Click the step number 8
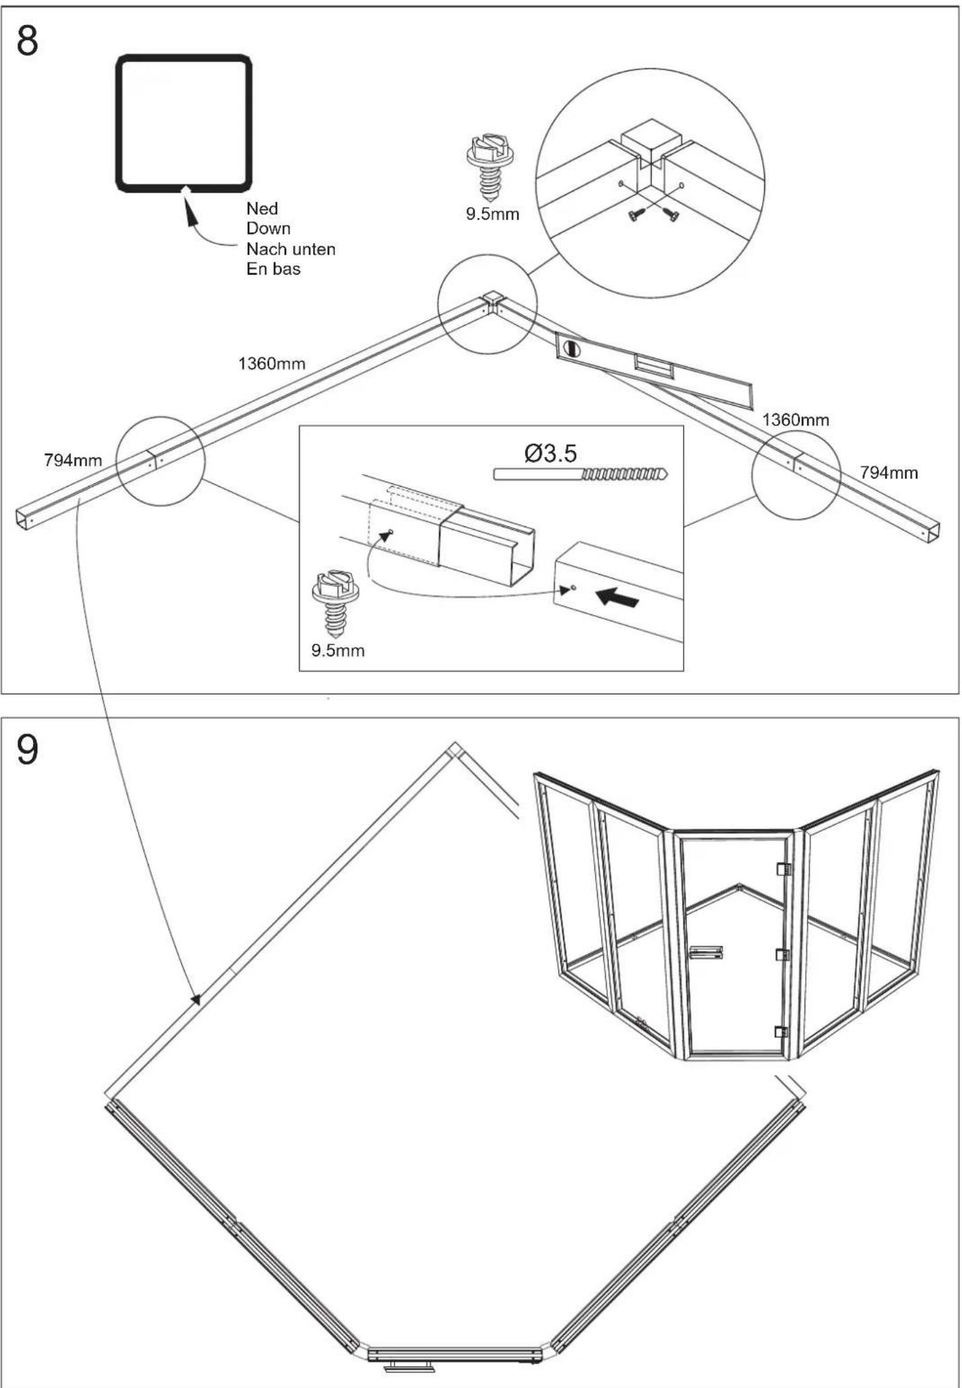coord(28,41)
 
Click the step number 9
coord(28,750)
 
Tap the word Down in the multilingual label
coord(268,229)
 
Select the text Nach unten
coord(291,249)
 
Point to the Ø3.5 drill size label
coord(551,453)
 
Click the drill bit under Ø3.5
coord(580,474)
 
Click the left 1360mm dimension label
coord(271,364)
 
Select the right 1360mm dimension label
coord(796,420)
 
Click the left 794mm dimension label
coord(73,460)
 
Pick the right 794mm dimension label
coord(889,473)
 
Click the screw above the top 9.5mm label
coord(490,168)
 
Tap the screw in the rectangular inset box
coord(335,604)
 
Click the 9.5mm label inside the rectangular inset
coord(337,651)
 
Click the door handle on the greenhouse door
coord(706,952)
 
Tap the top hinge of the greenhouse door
coord(782,869)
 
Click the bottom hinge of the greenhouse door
coord(781,1032)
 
